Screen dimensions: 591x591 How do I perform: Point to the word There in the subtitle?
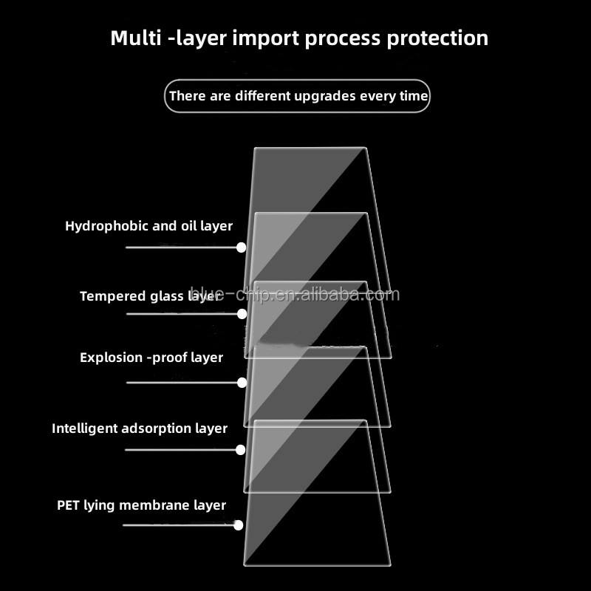(x=188, y=95)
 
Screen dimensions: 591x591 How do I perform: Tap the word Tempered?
(x=112, y=296)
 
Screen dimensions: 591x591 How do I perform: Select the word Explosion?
(x=111, y=358)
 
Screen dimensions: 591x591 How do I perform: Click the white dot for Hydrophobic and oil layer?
(x=241, y=248)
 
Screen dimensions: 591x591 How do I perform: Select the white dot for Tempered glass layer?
(x=242, y=314)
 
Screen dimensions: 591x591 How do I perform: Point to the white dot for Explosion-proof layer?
(x=242, y=383)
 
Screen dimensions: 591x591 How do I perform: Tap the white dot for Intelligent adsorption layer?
(x=241, y=449)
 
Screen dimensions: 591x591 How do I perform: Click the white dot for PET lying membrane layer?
(x=238, y=525)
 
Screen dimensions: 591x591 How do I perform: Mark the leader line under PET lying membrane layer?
(x=177, y=525)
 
